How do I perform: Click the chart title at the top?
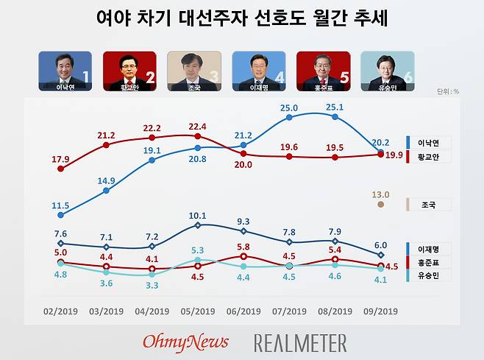click(x=242, y=18)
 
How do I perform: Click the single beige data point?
click(x=380, y=204)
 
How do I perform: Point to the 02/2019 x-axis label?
click(x=60, y=311)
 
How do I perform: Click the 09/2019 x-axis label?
click(x=380, y=311)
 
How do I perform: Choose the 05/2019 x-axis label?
click(x=197, y=311)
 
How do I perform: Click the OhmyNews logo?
click(x=185, y=342)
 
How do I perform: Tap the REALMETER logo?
click(x=300, y=342)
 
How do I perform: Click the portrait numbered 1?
click(x=65, y=71)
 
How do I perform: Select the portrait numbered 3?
click(x=193, y=71)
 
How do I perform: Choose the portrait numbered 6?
click(x=387, y=71)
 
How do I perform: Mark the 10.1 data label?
click(x=197, y=216)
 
